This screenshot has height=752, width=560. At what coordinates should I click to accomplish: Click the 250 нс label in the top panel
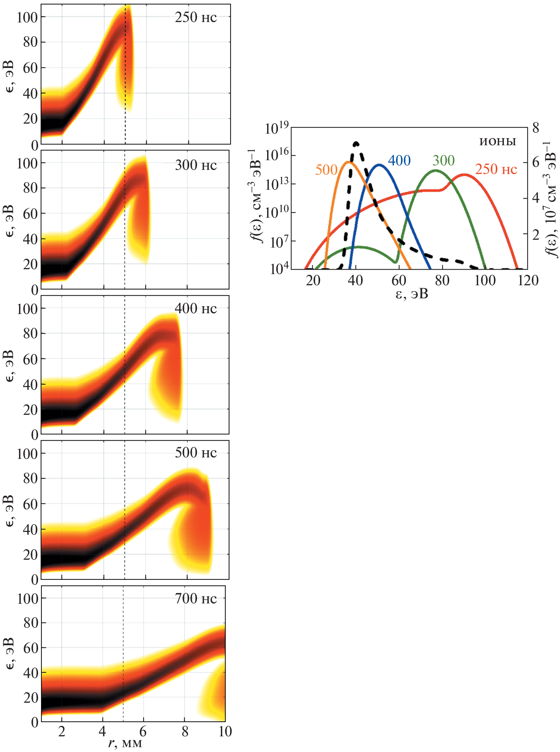tap(195, 18)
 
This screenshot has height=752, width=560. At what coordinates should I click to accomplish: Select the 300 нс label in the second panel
tap(195, 165)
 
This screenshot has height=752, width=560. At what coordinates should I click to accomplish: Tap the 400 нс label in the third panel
tap(195, 308)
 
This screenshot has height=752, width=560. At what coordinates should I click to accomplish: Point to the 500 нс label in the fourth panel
tap(195, 453)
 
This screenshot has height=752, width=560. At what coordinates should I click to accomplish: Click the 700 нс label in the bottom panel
tap(195, 599)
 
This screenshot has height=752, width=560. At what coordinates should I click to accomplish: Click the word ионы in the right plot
tap(498, 141)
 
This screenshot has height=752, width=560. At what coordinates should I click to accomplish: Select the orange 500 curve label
tap(326, 170)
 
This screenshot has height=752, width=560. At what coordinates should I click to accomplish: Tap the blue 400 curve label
tap(399, 161)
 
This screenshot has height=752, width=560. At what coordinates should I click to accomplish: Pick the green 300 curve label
tap(444, 161)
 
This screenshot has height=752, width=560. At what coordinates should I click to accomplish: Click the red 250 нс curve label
tap(496, 169)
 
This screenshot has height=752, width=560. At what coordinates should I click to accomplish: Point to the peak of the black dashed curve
tap(356, 143)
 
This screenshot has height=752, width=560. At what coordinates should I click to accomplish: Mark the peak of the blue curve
tap(379, 165)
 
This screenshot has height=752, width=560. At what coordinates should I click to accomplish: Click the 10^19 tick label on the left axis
tap(276, 128)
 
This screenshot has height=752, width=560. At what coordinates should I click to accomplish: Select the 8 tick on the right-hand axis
tap(536, 128)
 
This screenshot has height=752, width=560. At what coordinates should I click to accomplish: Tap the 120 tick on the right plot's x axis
tap(528, 280)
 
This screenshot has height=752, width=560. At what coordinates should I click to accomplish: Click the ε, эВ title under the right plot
tap(412, 294)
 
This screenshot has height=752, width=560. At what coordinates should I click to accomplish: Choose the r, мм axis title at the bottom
tap(125, 743)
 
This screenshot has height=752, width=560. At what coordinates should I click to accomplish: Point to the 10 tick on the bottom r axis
tap(225, 731)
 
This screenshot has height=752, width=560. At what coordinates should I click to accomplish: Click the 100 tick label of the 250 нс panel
tap(27, 17)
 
